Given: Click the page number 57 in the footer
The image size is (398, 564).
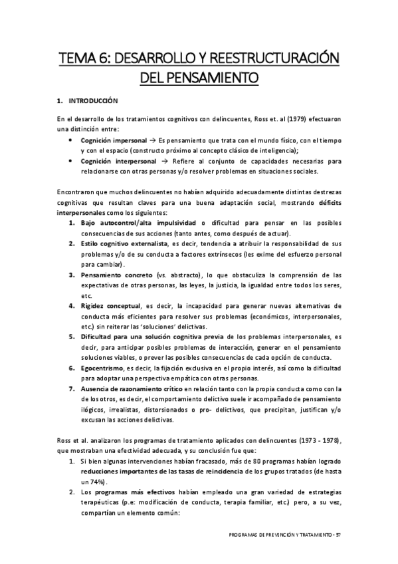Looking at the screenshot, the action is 338,535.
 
